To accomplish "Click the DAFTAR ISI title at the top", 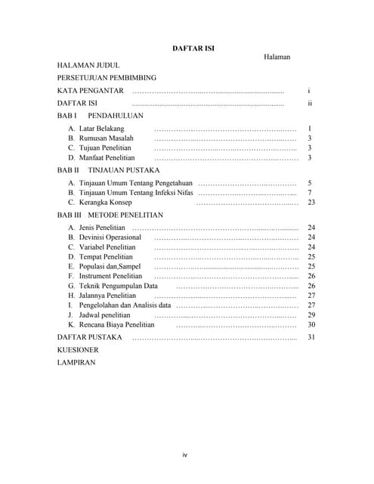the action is coord(193,48).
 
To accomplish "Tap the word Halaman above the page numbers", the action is coord(277,57).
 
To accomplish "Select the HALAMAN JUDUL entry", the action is coord(88,66).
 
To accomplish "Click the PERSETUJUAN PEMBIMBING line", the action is coord(107,78).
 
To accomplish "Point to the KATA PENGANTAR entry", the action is coord(90,91).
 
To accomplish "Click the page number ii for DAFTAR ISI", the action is coord(310,103).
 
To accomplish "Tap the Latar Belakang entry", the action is coord(96,129).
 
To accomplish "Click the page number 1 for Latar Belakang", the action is coord(310,129).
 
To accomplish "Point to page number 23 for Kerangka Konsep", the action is coord(311,203).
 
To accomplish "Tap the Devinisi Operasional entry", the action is coord(104,237).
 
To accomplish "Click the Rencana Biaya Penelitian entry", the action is coord(116,324).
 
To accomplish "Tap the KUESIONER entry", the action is coord(78,350).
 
